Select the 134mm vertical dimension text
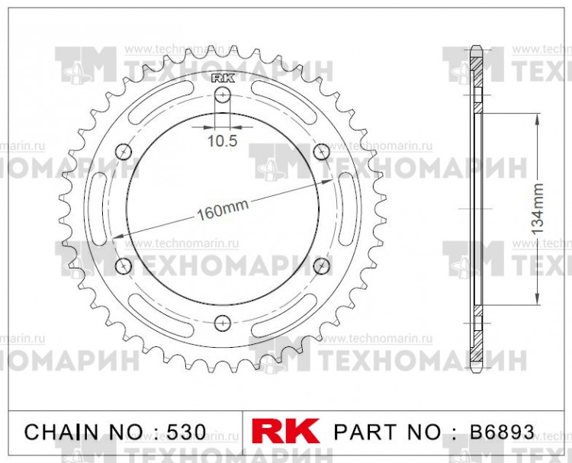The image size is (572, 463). (x=538, y=208)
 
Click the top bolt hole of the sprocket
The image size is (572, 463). (x=223, y=95)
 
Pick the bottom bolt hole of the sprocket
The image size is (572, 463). (x=223, y=322)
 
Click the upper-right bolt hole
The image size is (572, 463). (x=321, y=153)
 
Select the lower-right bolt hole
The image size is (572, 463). (x=321, y=265)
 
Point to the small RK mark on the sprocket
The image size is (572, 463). (x=223, y=77)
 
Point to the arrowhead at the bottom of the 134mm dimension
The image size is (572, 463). (x=538, y=301)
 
